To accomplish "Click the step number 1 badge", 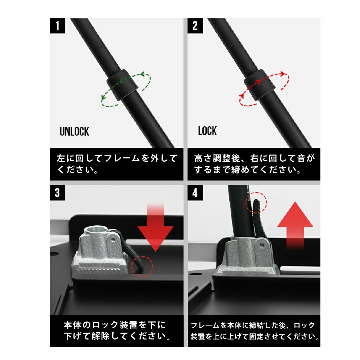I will pyautogui.click(x=57, y=27).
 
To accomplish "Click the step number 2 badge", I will pyautogui.click(x=195, y=27).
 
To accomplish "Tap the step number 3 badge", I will pyautogui.click(x=57, y=193).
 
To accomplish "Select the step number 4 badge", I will pyautogui.click(x=195, y=193).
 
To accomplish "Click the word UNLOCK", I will pyautogui.click(x=74, y=132).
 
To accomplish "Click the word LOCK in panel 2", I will pyautogui.click(x=207, y=131).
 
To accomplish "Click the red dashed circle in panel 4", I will pyautogui.click(x=256, y=202).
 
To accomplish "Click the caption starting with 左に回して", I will pyautogui.click(x=117, y=164).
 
